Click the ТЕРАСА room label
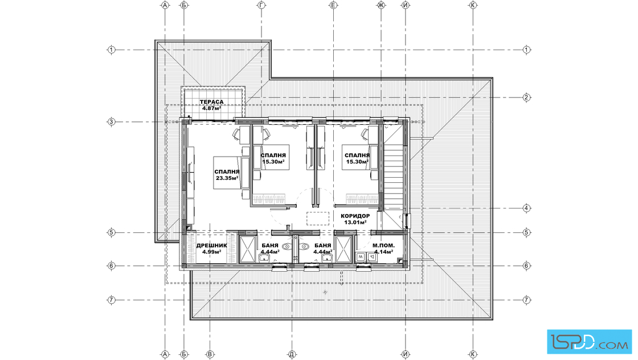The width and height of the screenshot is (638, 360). [x=211, y=102]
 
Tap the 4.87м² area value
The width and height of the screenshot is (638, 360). [x=211, y=108]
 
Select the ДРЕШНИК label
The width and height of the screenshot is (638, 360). [x=211, y=246]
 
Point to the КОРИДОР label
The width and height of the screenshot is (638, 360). [x=355, y=216]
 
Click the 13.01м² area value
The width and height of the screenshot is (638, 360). [x=355, y=222]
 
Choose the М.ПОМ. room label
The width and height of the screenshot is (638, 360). [x=384, y=246]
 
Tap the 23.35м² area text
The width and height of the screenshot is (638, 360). [x=227, y=178]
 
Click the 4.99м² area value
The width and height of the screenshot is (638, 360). [x=211, y=251]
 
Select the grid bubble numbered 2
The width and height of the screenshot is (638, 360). [x=526, y=97]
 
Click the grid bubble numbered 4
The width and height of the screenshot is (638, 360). [x=526, y=208]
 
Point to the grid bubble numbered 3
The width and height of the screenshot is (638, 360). [x=111, y=121]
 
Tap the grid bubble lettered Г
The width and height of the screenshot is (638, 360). [x=261, y=5]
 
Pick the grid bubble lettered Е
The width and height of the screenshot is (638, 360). [x=333, y=5]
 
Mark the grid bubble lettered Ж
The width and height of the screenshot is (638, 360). [x=381, y=5]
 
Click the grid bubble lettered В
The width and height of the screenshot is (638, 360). [x=210, y=354]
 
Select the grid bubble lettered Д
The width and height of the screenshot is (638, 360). [x=292, y=354]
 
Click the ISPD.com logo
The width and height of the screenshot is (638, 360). [x=589, y=341]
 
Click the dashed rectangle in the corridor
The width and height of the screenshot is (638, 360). [x=318, y=218]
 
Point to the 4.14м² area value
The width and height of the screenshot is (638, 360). [x=384, y=251]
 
